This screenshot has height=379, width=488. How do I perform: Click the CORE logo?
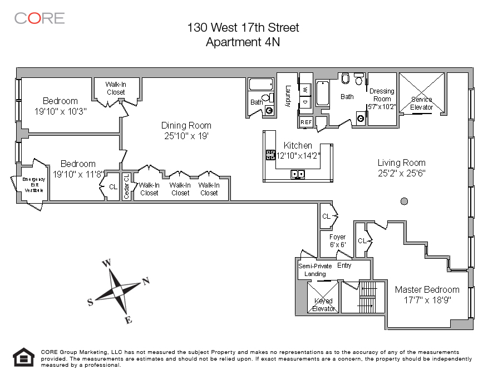coord(39,18)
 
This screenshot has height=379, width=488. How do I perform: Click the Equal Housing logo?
coord(23,357)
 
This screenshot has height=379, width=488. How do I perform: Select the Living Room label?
coord(401,163)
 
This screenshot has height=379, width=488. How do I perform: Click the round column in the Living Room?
coord(405,201)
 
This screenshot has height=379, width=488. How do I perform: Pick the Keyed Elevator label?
coord(323,305)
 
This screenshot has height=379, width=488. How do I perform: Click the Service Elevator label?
coord(421,104)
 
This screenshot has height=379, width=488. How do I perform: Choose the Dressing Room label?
coord(382,95)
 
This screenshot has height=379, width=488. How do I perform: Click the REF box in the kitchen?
coord(306,122)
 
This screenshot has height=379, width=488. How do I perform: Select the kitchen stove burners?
coord(270,155)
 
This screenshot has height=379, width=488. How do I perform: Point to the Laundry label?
coord(288,96)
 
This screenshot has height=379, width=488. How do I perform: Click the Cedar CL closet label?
coord(126,186)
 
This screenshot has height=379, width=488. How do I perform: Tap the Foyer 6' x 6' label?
coord(337,241)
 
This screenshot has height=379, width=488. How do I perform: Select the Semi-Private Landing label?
coord(315,270)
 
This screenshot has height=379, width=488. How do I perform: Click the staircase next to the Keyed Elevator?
coord(366,298)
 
